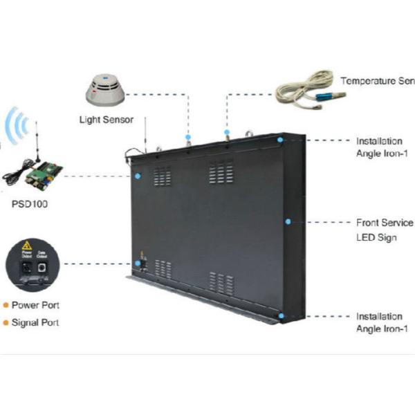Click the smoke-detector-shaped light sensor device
(x=104, y=91)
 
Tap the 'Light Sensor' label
(x=107, y=120)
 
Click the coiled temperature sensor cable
(x=305, y=90)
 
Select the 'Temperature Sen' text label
(x=377, y=81)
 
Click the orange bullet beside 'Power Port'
(x=6, y=305)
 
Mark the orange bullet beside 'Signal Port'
(x=6, y=322)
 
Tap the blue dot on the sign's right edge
(x=288, y=222)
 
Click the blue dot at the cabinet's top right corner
(x=280, y=140)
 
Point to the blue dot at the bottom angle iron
(x=281, y=315)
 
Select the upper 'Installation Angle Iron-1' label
(x=379, y=147)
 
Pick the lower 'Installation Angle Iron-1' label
(x=379, y=322)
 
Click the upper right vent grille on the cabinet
(x=221, y=172)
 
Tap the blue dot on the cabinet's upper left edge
(x=138, y=176)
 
